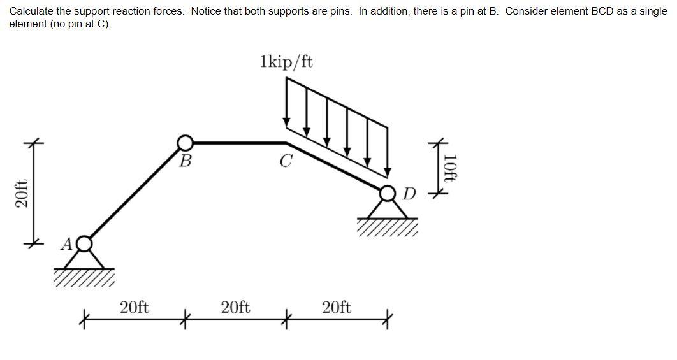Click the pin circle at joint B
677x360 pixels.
pyautogui.click(x=185, y=143)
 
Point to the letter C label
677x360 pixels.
pyautogui.click(x=285, y=162)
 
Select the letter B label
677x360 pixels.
pyautogui.click(x=185, y=161)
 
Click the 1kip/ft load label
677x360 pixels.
pyautogui.click(x=286, y=62)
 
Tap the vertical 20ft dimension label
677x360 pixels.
pyautogui.click(x=21, y=194)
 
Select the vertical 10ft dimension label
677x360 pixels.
pyautogui.click(x=450, y=168)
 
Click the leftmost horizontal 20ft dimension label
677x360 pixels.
pyautogui.click(x=135, y=308)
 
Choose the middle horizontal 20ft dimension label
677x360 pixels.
pyautogui.click(x=235, y=308)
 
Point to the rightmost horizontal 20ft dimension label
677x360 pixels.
pyautogui.click(x=337, y=308)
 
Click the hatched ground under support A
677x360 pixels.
pyautogui.click(x=84, y=276)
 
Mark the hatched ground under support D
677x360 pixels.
pyautogui.click(x=387, y=226)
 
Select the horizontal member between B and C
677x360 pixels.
pyautogui.click(x=236, y=143)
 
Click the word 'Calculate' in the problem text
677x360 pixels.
pyautogui.click(x=29, y=11)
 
